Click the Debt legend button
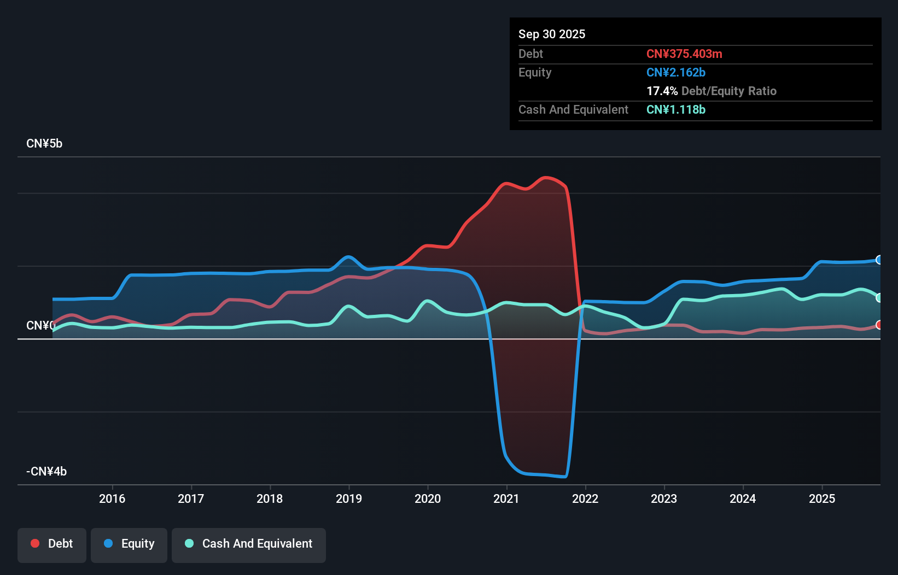[x=52, y=544]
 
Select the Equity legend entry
[x=129, y=544]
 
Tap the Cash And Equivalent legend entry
[x=249, y=544]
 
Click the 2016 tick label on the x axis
[x=112, y=498]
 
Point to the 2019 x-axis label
[x=349, y=498]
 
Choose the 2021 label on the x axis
[x=506, y=498]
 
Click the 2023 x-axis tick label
[x=664, y=498]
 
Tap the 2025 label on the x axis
[x=822, y=498]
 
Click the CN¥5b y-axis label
[x=44, y=144]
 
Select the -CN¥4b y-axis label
[x=46, y=471]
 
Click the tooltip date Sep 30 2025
[x=552, y=34]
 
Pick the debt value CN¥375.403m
[x=684, y=54]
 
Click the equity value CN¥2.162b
[x=676, y=72]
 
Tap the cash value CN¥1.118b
[x=676, y=109]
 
